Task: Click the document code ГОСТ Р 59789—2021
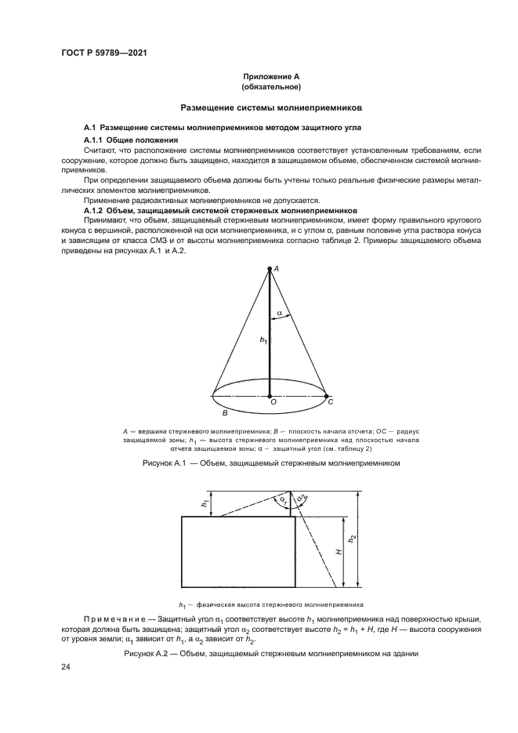pos(104,53)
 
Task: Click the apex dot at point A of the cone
pos(270,268)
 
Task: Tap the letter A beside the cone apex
pos(277,269)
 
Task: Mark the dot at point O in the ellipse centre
pos(270,396)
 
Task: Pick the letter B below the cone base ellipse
pos(224,412)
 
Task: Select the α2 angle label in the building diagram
pos(302,499)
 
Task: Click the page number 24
pos(67,667)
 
